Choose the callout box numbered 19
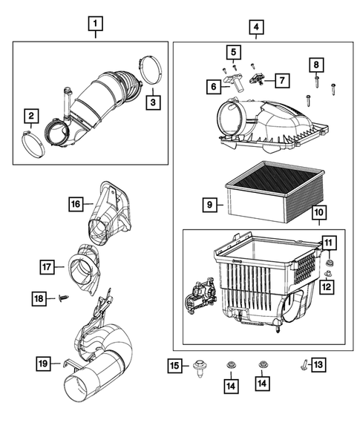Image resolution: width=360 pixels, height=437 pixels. coord(45,363)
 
